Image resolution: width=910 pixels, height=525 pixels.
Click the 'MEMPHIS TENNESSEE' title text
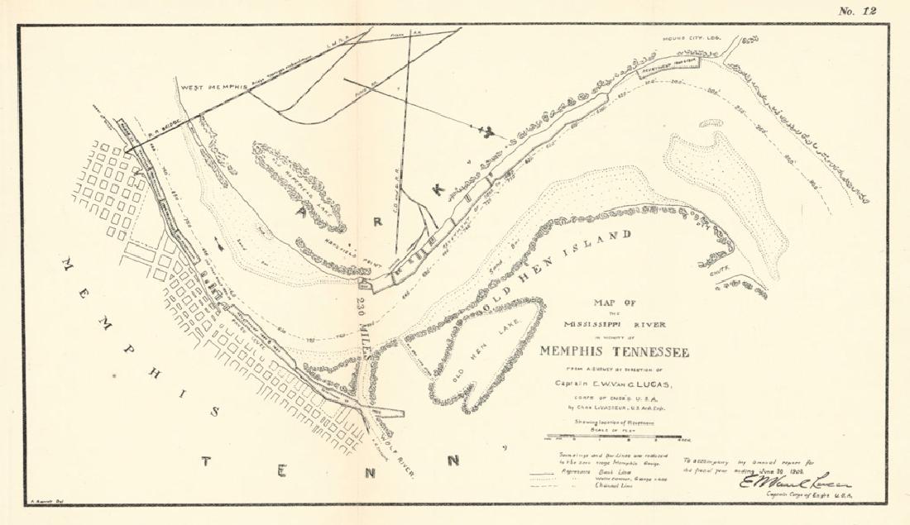(x=614, y=350)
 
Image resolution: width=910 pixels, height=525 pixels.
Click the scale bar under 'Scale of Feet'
(x=616, y=436)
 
